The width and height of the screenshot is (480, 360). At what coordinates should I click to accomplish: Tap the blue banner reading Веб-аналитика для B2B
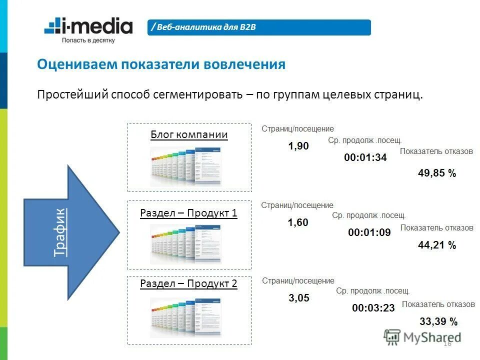click(x=259, y=27)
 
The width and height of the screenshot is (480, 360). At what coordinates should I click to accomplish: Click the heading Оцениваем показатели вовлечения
click(x=161, y=64)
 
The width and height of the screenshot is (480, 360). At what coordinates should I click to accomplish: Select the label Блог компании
click(x=189, y=134)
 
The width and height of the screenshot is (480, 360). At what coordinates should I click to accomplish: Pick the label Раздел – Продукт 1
click(x=189, y=213)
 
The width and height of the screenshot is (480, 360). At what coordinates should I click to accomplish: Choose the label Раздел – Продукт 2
click(x=189, y=283)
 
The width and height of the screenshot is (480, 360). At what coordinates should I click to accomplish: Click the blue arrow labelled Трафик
click(x=70, y=232)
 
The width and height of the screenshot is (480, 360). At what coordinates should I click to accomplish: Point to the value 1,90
click(x=298, y=146)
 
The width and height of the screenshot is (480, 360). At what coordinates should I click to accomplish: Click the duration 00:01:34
click(x=365, y=157)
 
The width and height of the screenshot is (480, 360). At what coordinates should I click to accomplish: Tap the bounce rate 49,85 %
click(x=437, y=173)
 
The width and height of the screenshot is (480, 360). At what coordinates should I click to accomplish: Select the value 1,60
click(x=298, y=222)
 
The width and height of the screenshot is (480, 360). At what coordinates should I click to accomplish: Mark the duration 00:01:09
click(x=369, y=232)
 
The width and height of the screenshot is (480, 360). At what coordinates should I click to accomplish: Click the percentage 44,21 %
click(x=437, y=245)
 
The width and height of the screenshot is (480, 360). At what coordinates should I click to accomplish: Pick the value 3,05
click(x=299, y=298)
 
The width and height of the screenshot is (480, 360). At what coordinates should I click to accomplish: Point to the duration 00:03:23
click(x=373, y=308)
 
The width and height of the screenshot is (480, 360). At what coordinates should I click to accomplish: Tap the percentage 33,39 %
click(x=438, y=321)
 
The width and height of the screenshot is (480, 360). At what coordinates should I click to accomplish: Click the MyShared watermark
click(x=422, y=337)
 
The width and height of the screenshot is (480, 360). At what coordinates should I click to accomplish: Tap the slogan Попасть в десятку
click(x=88, y=40)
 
